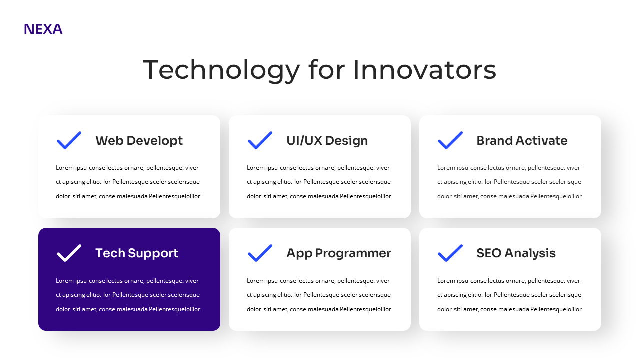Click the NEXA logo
[x=43, y=29]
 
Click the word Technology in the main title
[x=221, y=70]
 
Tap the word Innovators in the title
[x=424, y=70]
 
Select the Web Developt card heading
[x=139, y=141]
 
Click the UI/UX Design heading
[x=327, y=141]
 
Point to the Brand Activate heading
[x=521, y=141]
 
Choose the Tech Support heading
[x=136, y=253]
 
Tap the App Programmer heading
[x=338, y=253]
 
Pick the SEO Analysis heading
[x=515, y=253]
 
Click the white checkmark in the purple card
[x=69, y=253]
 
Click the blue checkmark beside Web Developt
[x=69, y=140]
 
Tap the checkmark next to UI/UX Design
[x=260, y=140]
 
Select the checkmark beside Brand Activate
[x=450, y=140]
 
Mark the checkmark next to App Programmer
[x=260, y=253]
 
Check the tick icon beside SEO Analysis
[x=450, y=253]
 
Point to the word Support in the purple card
[x=153, y=253]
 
